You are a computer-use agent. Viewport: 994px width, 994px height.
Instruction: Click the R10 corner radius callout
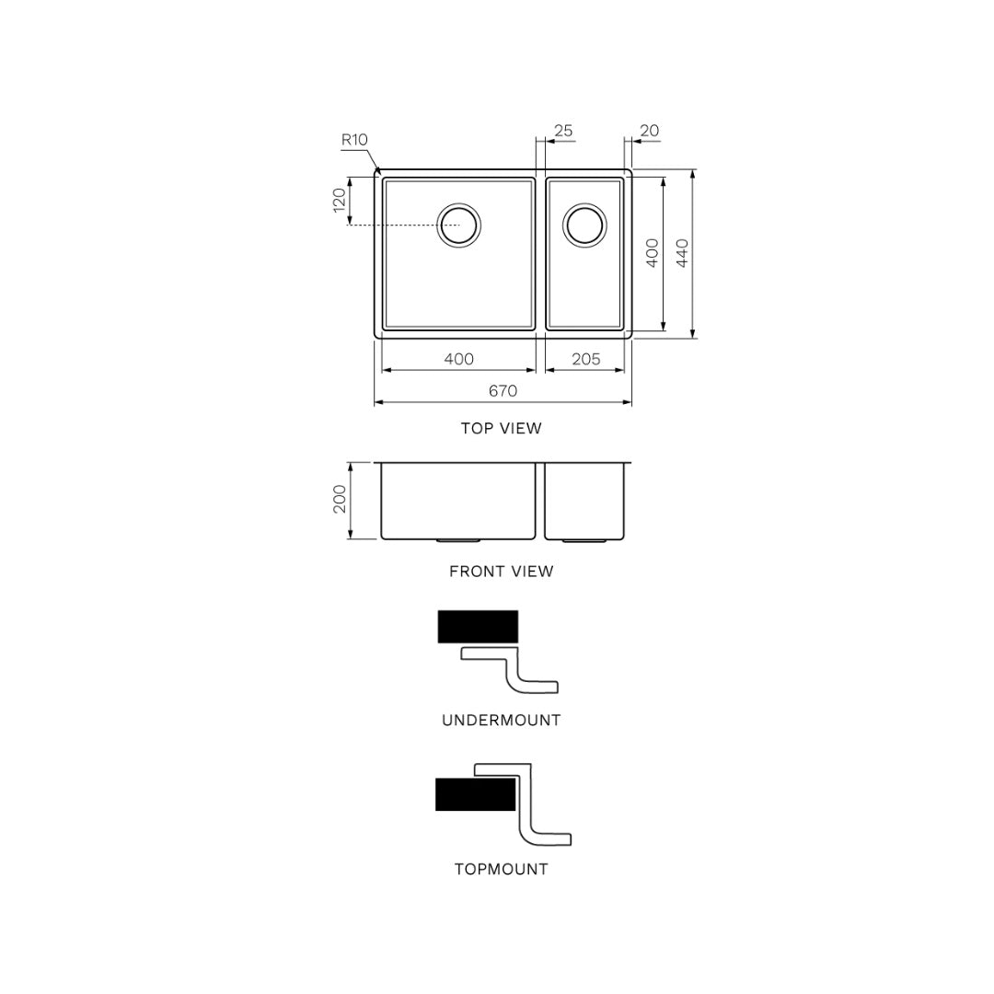[x=354, y=140]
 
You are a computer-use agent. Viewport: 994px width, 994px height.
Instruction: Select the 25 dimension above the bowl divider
[x=562, y=131]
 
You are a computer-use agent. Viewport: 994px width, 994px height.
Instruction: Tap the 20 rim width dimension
[x=649, y=131]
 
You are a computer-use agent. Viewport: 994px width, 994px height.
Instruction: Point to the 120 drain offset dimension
[x=340, y=201]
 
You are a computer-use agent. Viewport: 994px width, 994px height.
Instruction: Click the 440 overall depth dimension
[x=682, y=253]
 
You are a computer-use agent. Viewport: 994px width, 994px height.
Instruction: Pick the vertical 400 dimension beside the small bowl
[x=652, y=253]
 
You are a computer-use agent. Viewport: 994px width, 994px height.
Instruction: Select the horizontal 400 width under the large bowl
[x=458, y=359]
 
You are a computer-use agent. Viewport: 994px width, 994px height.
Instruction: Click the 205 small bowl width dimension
[x=585, y=359]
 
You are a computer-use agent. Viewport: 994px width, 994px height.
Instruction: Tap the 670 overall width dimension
[x=503, y=391]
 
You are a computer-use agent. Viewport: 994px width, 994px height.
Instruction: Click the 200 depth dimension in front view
[x=340, y=500]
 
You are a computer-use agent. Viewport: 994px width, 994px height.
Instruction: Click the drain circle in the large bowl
[x=458, y=225]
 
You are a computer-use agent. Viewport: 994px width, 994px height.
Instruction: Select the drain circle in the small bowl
[x=584, y=225]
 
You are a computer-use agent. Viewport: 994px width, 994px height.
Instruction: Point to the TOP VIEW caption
[x=501, y=428]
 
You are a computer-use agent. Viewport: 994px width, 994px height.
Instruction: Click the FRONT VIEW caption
[x=501, y=572]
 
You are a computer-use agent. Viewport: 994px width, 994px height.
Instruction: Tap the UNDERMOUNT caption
[x=501, y=721]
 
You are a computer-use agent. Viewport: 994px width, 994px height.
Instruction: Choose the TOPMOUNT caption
[x=501, y=869]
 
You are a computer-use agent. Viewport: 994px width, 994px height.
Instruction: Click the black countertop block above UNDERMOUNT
[x=478, y=627]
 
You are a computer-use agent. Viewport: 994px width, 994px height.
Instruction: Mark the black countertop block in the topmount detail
[x=475, y=794]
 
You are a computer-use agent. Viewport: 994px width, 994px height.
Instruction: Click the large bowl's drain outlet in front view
[x=457, y=540]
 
